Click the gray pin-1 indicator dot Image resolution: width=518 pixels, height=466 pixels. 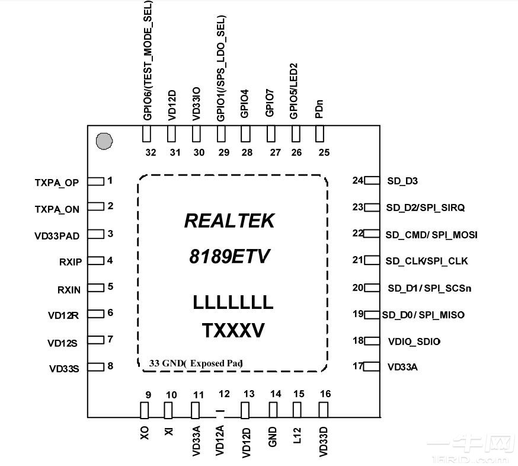tap(104, 141)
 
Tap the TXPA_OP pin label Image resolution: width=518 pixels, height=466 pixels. tap(57, 183)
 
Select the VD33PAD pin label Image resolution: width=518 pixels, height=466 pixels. tap(57, 235)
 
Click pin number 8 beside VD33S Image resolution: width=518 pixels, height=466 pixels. tap(110, 366)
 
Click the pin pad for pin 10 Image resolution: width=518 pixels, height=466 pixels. tap(168, 410)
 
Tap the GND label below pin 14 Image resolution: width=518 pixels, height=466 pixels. tap(273, 435)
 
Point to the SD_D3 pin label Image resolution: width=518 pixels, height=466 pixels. tap(402, 181)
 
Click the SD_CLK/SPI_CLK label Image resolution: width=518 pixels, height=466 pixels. tap(427, 261)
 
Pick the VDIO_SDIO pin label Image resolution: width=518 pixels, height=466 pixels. tap(414, 341)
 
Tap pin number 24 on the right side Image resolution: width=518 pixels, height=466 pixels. tap(357, 180)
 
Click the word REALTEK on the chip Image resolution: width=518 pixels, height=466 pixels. tap(229, 221)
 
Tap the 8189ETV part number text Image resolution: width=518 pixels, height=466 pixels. tap(229, 257)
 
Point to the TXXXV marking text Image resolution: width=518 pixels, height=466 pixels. tap(233, 330)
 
